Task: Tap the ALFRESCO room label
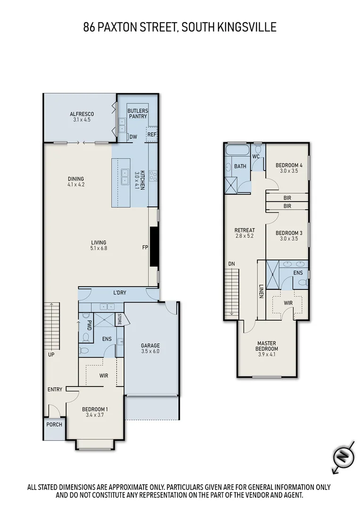82,114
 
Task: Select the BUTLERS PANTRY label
138,113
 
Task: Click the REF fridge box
151,134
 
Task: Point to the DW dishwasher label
133,137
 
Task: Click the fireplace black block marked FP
153,247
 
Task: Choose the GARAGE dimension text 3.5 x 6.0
150,351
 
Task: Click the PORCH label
54,424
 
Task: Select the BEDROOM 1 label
95,409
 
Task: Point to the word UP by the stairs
50,354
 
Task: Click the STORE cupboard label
119,319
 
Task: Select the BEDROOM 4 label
289,165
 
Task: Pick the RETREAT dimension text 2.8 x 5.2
244,236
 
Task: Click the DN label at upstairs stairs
231,264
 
